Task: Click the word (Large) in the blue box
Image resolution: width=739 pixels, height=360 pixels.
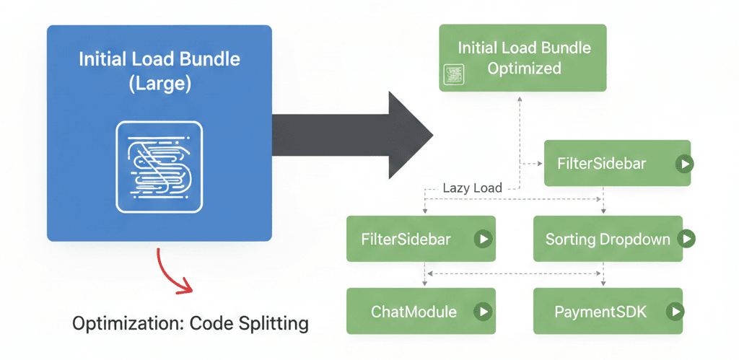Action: pyautogui.click(x=159, y=83)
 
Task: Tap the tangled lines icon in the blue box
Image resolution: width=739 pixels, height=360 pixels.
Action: pyautogui.click(x=159, y=166)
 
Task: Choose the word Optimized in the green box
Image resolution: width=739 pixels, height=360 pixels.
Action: pyautogui.click(x=524, y=69)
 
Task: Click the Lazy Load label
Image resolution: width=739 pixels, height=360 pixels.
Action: pyautogui.click(x=472, y=188)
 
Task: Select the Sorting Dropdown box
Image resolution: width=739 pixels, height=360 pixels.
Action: pyautogui.click(x=608, y=239)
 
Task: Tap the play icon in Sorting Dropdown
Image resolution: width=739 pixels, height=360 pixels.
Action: pyautogui.click(x=686, y=239)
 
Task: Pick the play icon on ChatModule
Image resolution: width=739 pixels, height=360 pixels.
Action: pyautogui.click(x=482, y=312)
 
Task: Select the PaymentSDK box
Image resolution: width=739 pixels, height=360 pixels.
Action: pyautogui.click(x=608, y=312)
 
